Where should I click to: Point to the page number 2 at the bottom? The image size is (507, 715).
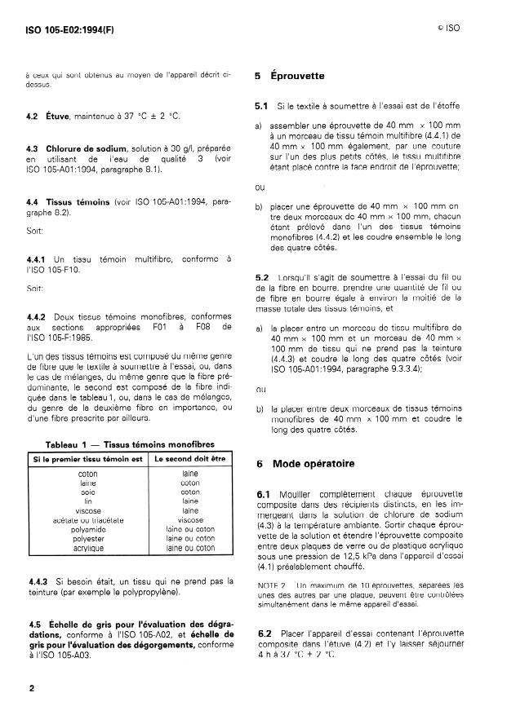[x=30, y=688]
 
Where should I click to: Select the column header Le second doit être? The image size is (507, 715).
[x=189, y=458]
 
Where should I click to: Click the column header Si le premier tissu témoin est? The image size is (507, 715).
[x=87, y=458]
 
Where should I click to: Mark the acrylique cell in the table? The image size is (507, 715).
[x=87, y=548]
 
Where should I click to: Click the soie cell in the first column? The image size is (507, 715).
[x=87, y=492]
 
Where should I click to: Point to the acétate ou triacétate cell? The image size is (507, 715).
[x=87, y=519]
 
